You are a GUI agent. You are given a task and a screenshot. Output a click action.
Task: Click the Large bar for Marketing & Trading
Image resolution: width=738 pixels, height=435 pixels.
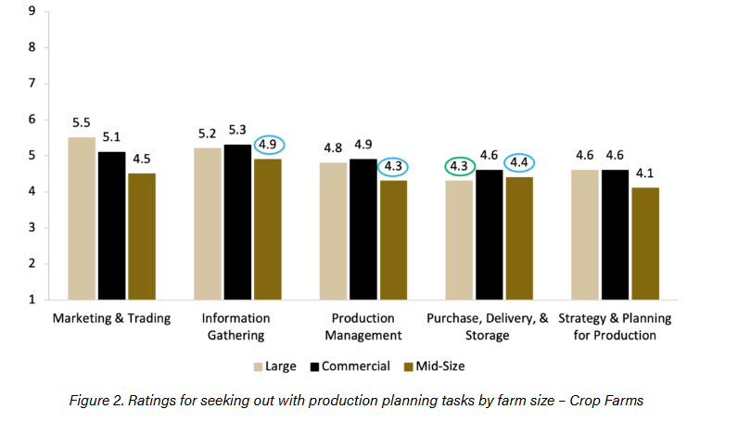82,218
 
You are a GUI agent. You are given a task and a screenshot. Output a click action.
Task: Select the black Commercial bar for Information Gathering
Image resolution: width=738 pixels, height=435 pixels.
236,222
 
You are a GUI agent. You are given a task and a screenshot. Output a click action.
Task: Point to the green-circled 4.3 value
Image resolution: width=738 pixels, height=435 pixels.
459,167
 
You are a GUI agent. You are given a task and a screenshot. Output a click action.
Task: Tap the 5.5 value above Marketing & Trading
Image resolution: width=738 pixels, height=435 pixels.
82,122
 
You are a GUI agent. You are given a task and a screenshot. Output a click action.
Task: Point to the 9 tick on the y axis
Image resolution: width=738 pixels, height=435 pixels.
32,11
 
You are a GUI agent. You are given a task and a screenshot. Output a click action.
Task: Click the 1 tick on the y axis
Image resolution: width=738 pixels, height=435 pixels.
32,300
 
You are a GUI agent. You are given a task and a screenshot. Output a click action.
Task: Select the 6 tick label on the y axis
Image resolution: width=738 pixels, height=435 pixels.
32,120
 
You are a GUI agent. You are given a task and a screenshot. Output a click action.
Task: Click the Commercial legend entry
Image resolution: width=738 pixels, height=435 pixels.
353,366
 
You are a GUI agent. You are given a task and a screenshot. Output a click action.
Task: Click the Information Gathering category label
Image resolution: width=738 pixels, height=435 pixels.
237,326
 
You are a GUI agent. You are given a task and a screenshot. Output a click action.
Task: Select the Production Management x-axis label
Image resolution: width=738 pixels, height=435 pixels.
363,326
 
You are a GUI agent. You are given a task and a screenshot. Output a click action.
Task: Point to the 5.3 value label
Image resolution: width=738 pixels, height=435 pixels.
236,130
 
